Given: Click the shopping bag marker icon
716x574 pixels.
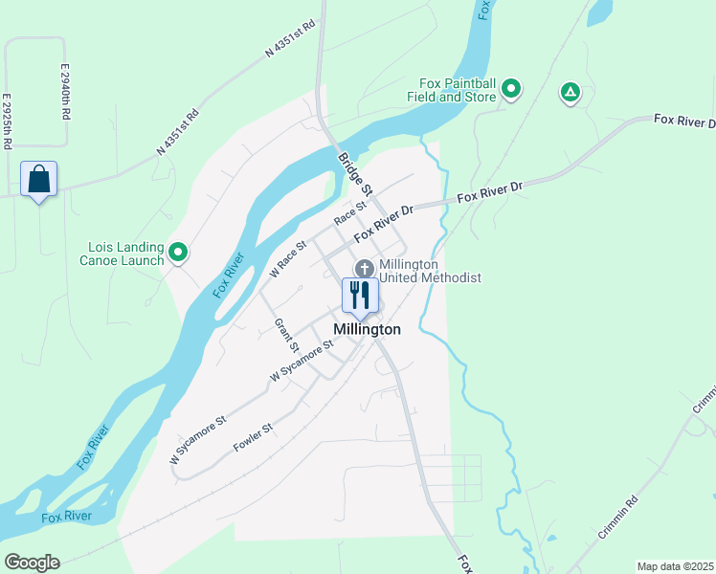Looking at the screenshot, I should click(x=38, y=179).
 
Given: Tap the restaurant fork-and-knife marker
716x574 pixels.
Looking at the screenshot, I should click(x=360, y=296).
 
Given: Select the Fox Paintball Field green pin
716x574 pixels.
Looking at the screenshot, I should click(x=511, y=90).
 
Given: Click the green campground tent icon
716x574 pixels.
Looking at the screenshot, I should click(x=570, y=92).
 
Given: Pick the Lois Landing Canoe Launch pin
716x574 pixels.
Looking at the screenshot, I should click(x=178, y=253).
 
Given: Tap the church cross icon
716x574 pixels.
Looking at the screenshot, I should click(x=364, y=269).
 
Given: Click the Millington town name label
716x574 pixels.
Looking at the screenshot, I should click(x=367, y=329).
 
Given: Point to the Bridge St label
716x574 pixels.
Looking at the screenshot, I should click(x=354, y=172).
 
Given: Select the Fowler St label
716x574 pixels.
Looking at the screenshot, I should click(x=254, y=437).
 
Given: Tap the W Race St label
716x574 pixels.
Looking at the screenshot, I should click(x=287, y=259).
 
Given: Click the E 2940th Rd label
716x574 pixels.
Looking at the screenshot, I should click(x=65, y=91).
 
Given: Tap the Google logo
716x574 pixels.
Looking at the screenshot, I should click(x=32, y=563).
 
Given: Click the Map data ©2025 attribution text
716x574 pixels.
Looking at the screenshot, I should click(x=675, y=566).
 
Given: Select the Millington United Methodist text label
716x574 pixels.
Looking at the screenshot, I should click(x=429, y=271).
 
